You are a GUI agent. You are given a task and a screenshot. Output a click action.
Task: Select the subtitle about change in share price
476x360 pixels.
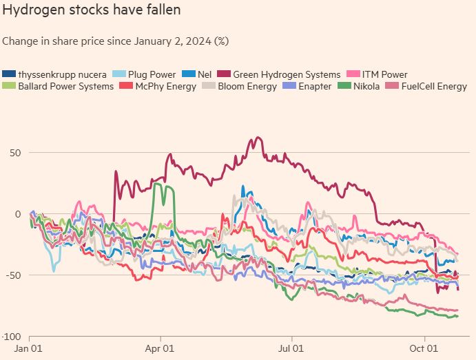(x=115, y=41)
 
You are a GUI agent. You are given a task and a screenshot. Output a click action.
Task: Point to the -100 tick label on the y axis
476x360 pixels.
(x=10, y=337)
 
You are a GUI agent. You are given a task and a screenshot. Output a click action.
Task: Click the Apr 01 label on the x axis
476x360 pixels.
(x=161, y=349)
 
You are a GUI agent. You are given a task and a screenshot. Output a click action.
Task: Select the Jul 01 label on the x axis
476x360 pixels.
(x=292, y=349)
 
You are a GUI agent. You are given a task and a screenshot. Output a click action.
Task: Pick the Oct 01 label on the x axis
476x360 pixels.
(x=424, y=349)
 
